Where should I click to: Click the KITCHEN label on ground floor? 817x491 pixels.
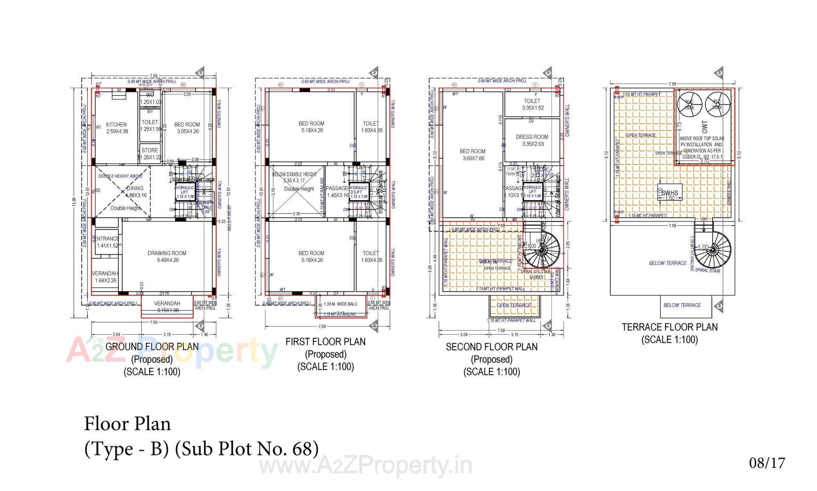117,128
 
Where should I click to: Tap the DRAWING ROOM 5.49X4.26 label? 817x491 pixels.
167,256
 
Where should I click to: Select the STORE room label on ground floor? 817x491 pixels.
150,154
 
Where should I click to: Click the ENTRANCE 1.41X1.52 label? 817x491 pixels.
106,242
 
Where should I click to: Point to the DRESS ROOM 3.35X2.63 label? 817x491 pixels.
532,140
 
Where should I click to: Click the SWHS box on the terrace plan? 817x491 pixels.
669,193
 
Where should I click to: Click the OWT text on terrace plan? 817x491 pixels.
705,125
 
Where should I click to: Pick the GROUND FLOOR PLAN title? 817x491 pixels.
152,347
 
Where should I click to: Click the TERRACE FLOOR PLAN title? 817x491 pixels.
670,327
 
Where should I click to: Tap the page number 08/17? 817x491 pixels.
767,463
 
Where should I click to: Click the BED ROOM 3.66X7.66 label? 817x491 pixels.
472,155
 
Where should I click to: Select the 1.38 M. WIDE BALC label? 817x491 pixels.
340,304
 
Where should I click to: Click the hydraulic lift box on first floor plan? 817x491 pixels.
359,192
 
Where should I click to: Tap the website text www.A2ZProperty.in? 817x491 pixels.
366,465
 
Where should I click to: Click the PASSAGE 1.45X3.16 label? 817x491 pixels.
337,192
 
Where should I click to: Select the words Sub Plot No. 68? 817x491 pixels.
246,448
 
